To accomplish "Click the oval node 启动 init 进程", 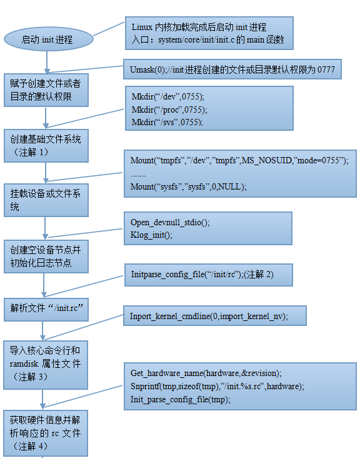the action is click(48, 39).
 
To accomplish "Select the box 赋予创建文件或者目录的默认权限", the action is click(46, 90).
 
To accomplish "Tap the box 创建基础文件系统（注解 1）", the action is click(46, 145).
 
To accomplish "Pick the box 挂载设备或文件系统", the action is click(46, 200).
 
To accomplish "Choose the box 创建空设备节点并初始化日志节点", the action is click(46, 257).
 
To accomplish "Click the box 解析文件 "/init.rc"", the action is click(46, 310).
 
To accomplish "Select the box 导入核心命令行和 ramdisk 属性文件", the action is click(46, 365).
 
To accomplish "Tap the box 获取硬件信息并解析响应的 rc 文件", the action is click(46, 433).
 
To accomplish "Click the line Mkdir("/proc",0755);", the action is click(169, 109).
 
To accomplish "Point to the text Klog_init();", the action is click(151, 235).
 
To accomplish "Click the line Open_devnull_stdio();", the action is click(170, 222).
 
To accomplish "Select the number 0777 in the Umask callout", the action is click(326, 69).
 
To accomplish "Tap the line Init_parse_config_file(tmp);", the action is click(180, 399).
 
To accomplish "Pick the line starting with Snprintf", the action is click(217, 386).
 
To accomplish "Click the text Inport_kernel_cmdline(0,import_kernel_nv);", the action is click(209, 316).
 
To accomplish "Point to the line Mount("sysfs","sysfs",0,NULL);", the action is click(189, 186).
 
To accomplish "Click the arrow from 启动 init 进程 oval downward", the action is click(47, 62).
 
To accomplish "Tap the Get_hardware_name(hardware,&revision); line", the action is click(206, 373).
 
